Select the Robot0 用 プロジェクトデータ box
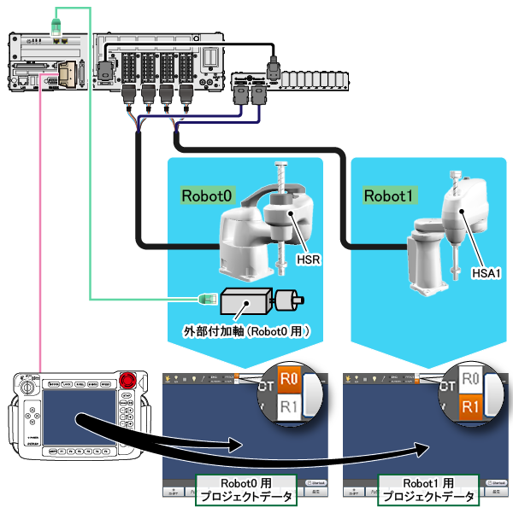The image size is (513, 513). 246,491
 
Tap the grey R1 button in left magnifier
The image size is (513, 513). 289,408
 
